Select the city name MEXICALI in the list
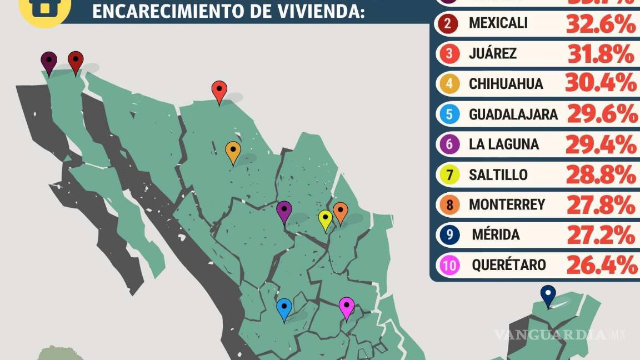(498, 23)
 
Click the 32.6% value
(600, 24)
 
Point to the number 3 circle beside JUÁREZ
(449, 54)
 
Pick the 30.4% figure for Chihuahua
(601, 84)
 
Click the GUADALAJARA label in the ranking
(513, 114)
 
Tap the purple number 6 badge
(449, 144)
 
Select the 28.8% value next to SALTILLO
(601, 175)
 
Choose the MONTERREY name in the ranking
(507, 205)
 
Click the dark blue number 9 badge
(449, 235)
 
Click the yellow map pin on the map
(325, 219)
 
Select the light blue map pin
(284, 308)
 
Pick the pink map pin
(346, 307)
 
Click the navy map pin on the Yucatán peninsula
(548, 295)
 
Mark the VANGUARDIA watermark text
(550, 334)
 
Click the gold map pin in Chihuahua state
(233, 152)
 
